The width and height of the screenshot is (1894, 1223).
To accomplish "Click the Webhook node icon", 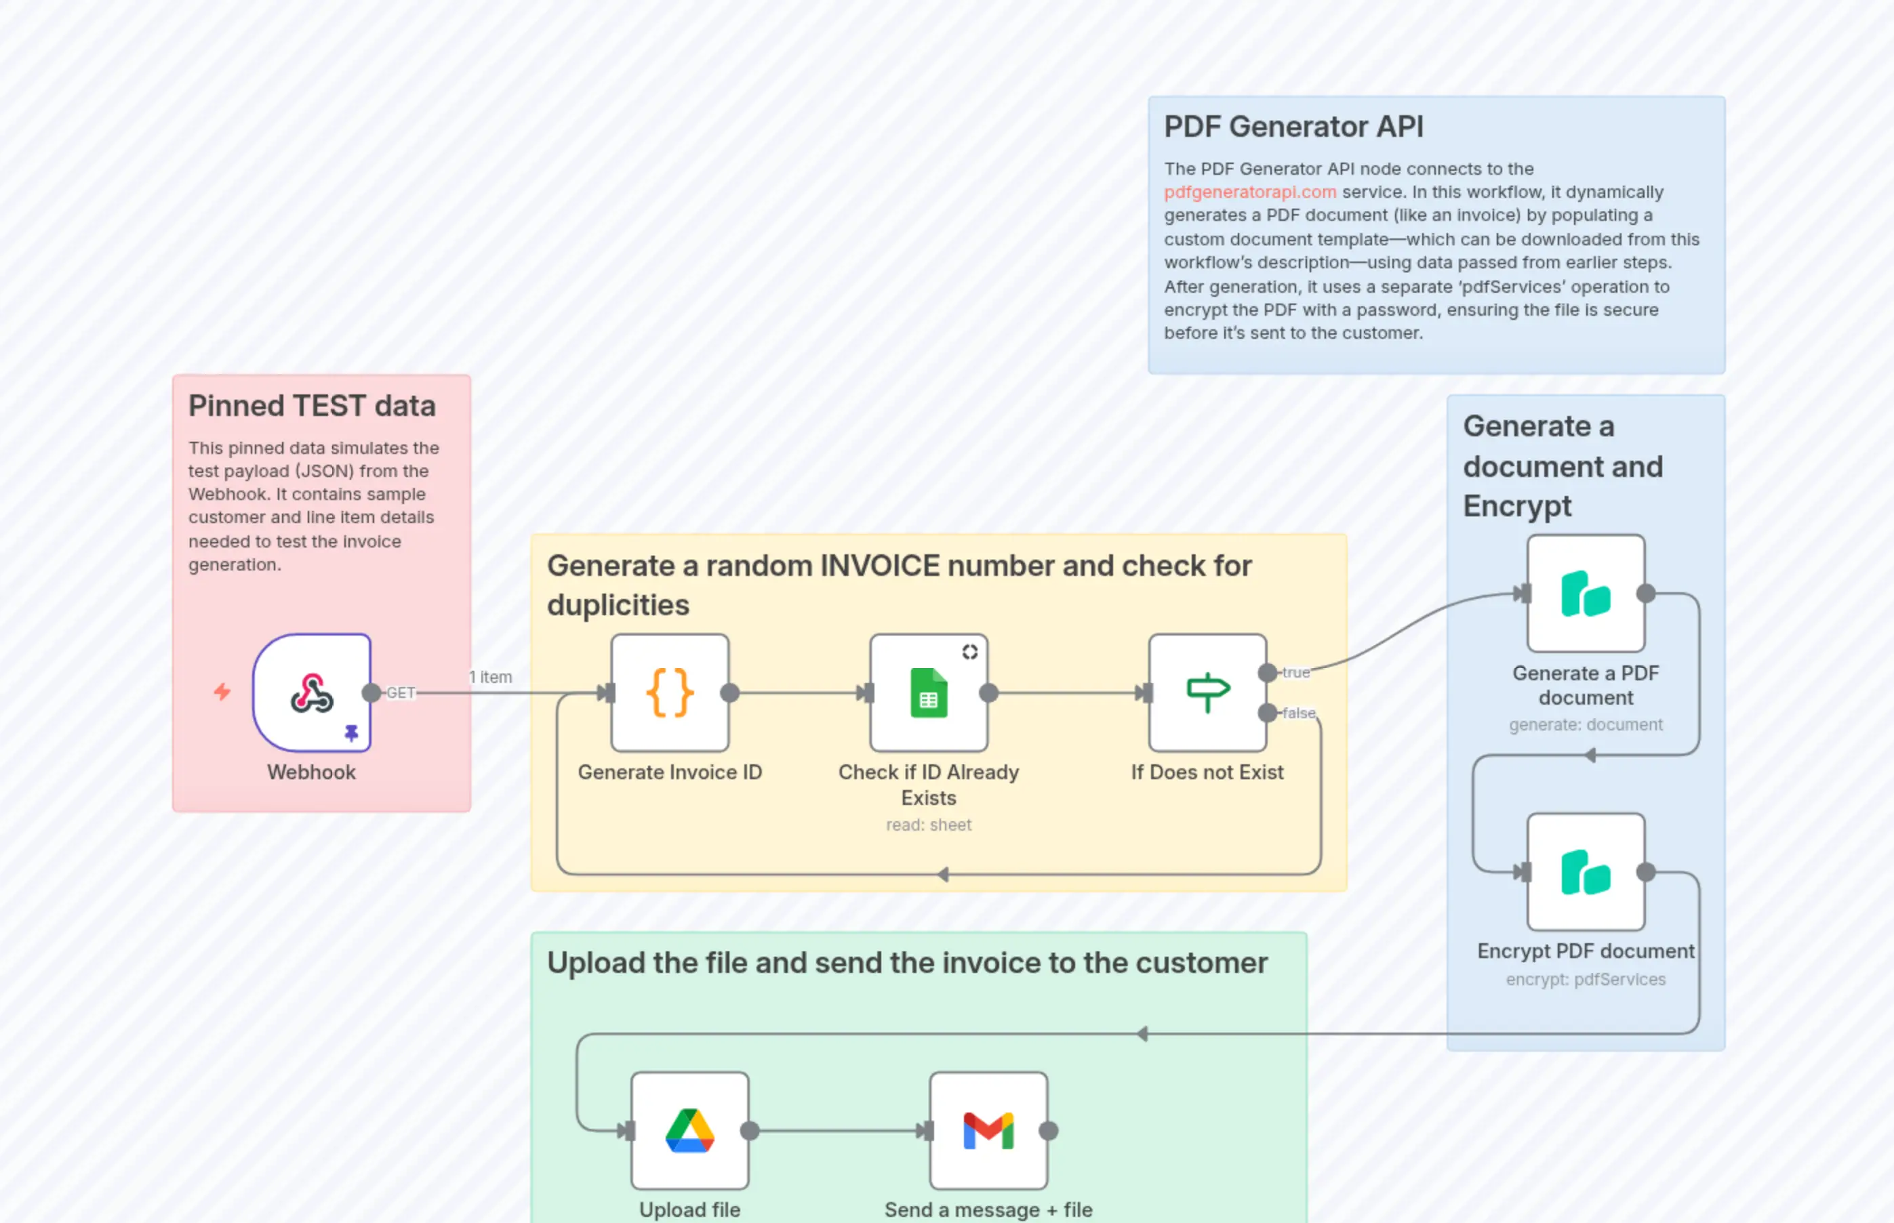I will click(311, 692).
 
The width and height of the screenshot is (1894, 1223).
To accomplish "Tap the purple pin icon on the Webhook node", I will click(351, 732).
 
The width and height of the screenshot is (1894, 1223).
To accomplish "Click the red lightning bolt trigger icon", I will click(222, 692).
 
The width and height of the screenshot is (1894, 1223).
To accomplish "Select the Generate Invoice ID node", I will click(670, 692).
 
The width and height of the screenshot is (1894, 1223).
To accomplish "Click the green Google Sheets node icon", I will click(929, 692).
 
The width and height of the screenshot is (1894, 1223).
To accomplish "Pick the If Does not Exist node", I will click(1207, 692).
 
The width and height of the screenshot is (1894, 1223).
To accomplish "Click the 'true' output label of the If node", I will click(1295, 673).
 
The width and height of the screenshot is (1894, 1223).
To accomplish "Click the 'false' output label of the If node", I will click(1299, 713).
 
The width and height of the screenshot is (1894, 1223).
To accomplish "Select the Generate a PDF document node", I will click(1586, 594).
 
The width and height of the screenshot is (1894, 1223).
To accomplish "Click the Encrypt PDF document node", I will click(1586, 872).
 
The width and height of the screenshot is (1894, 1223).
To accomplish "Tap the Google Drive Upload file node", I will click(689, 1131).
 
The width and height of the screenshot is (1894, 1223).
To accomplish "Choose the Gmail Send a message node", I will click(988, 1131).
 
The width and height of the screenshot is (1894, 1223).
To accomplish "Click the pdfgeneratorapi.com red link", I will click(1250, 192).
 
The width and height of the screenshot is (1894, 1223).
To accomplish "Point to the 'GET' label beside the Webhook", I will click(401, 692).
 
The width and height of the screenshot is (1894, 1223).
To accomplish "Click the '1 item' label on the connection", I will click(491, 678).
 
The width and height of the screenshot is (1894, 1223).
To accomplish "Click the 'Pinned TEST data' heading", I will click(311, 406).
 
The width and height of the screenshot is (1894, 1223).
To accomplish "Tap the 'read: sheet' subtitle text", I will click(929, 825).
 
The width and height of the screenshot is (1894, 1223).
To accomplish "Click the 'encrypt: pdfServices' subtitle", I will click(1586, 979).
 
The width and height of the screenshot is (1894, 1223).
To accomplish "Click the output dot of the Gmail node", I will click(1049, 1131).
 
